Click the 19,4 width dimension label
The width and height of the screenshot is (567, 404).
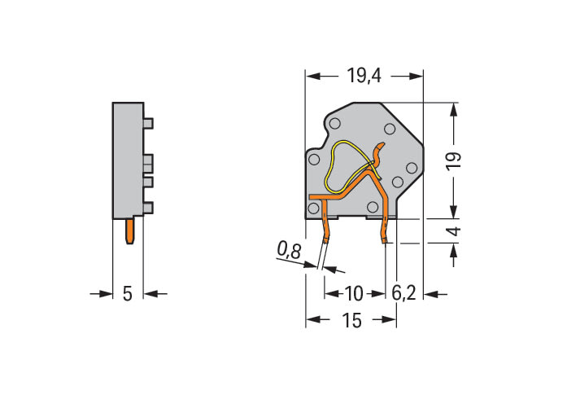tap(364, 76)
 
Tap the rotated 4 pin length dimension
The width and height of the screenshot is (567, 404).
tap(456, 231)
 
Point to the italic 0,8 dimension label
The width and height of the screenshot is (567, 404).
tap(290, 250)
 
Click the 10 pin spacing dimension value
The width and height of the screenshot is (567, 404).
tap(354, 293)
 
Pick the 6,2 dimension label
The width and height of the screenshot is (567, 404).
tap(404, 293)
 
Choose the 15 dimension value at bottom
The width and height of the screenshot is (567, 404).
tap(351, 320)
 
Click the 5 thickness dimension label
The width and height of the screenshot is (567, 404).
tap(127, 293)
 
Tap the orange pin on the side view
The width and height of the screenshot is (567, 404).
tap(130, 231)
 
